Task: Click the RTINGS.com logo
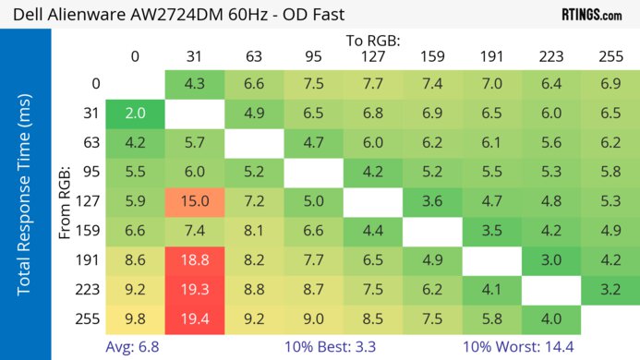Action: pyautogui.click(x=592, y=15)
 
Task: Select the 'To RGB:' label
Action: pyautogui.click(x=372, y=41)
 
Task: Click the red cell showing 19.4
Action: pyautogui.click(x=195, y=320)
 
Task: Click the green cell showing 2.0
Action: pyautogui.click(x=135, y=114)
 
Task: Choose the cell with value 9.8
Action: pyautogui.click(x=135, y=320)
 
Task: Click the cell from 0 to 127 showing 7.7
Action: pyautogui.click(x=373, y=84)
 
